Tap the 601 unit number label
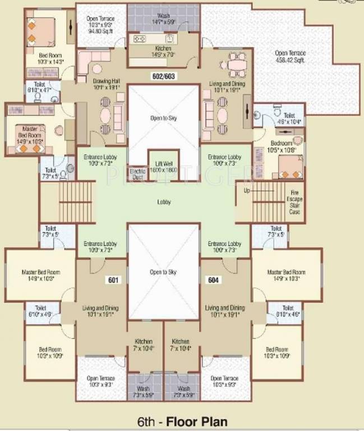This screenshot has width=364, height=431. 114,279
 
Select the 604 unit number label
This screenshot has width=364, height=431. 214,279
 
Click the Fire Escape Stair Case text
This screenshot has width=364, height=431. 294,201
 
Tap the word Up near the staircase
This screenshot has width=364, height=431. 247,191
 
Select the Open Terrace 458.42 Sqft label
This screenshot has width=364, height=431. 290,56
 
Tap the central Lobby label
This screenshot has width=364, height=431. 164,202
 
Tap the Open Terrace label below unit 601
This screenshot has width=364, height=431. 100,382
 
